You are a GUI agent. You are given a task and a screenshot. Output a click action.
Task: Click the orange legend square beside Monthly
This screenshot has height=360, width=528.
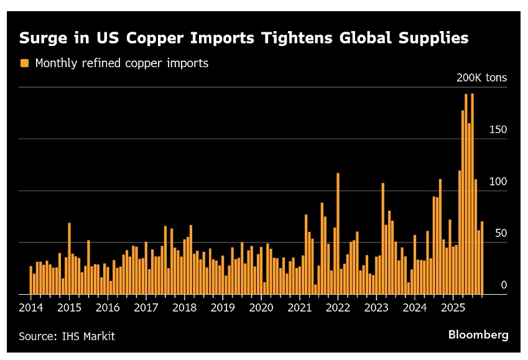(24, 63)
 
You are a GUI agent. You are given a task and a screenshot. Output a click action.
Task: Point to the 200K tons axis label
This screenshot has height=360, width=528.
(481, 78)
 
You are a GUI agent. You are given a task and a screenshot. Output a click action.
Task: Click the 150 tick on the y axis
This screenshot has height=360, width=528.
(498, 129)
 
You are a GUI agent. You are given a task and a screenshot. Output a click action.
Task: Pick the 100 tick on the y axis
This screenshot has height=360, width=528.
(498, 182)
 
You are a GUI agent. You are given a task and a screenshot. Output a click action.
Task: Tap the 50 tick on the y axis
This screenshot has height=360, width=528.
(501, 233)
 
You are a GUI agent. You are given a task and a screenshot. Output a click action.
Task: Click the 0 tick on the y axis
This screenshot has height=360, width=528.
(504, 285)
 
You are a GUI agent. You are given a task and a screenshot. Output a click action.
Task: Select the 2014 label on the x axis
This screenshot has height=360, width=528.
(30, 307)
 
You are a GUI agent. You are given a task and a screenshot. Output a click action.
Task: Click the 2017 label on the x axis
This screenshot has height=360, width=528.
(146, 307)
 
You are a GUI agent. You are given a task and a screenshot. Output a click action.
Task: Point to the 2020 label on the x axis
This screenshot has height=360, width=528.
(261, 307)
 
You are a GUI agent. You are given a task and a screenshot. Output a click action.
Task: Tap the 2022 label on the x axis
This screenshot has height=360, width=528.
(338, 307)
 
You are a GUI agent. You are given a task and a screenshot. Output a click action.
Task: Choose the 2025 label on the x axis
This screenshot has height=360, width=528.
(453, 307)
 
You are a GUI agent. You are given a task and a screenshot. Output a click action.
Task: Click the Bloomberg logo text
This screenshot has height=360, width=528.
(478, 335)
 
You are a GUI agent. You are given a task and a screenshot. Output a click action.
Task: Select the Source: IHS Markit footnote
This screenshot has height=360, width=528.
(67, 336)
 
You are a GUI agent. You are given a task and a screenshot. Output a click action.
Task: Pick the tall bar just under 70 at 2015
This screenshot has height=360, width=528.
(69, 258)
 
